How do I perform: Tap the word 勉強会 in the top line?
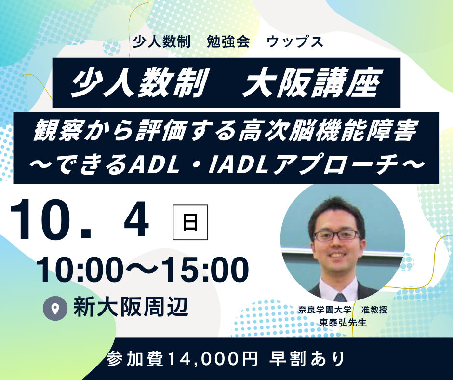pyautogui.click(x=228, y=41)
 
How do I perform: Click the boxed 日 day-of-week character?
pyautogui.click(x=190, y=222)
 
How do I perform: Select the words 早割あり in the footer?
pyautogui.click(x=308, y=359)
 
